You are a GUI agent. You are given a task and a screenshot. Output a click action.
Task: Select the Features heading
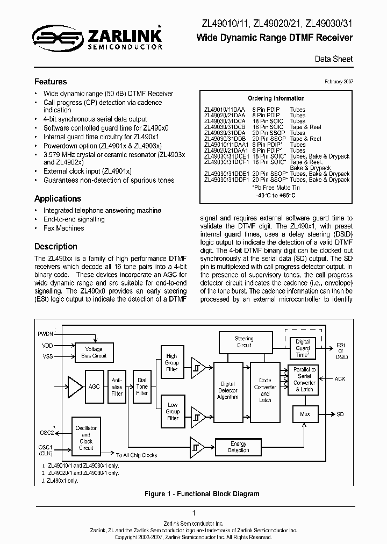(x=51, y=82)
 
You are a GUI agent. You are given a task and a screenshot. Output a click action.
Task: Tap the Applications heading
(x=58, y=198)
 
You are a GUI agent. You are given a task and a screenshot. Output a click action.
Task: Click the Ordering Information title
(x=276, y=98)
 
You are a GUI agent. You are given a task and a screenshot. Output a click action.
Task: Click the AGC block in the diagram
(x=94, y=386)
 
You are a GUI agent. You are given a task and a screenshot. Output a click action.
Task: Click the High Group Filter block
(x=172, y=363)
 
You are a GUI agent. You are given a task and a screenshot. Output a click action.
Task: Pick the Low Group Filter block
(x=173, y=411)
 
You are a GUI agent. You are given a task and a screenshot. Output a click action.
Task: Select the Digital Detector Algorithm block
(x=228, y=390)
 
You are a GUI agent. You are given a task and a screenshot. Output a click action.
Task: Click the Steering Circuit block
(x=244, y=342)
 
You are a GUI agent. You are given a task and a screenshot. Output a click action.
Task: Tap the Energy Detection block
(x=238, y=447)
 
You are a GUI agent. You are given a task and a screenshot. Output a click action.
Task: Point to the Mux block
(x=304, y=414)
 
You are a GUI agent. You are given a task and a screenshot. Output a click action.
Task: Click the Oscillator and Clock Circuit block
(x=86, y=438)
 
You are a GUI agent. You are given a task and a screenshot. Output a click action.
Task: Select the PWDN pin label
(x=46, y=334)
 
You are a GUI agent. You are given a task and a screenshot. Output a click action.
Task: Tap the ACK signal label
(x=340, y=379)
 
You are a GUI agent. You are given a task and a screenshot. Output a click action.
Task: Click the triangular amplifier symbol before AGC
(x=75, y=386)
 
